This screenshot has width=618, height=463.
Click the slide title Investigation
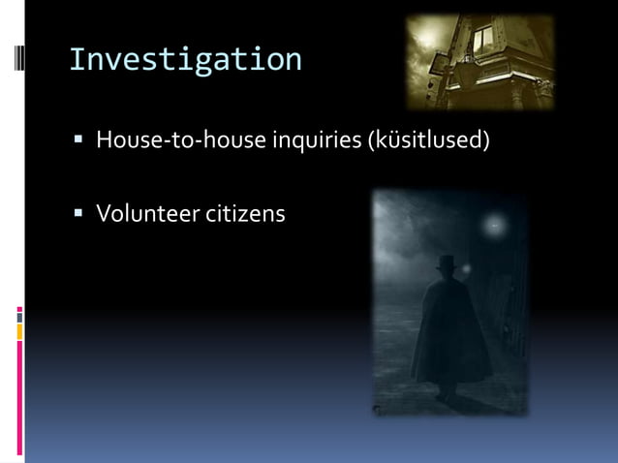(x=185, y=60)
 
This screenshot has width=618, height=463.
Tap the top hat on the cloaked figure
(x=446, y=262)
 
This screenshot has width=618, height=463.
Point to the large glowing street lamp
(x=494, y=225)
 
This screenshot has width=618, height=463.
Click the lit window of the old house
(x=481, y=39)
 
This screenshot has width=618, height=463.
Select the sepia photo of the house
(x=479, y=60)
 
